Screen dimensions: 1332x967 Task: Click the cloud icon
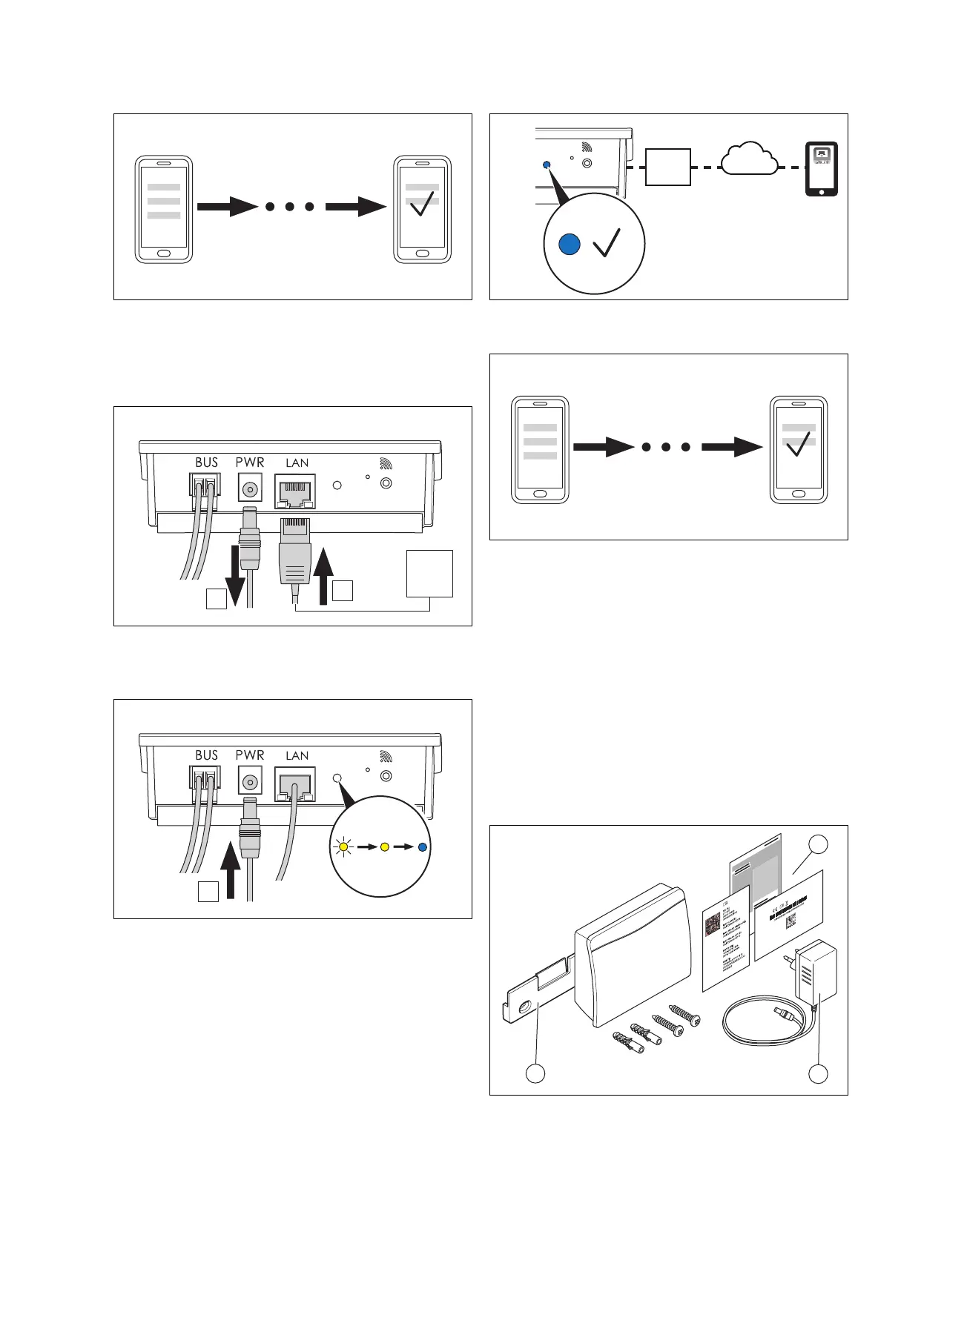pyautogui.click(x=749, y=159)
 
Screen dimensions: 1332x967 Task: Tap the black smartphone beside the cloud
pyautogui.click(x=822, y=169)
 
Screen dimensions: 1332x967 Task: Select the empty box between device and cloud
pyautogui.click(x=667, y=168)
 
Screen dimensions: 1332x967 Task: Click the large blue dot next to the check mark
pyautogui.click(x=569, y=244)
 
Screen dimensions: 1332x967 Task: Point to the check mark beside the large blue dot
pyautogui.click(x=607, y=242)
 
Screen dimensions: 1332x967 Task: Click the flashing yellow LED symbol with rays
pyautogui.click(x=343, y=846)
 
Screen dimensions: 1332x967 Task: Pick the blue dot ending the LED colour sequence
pyautogui.click(x=423, y=846)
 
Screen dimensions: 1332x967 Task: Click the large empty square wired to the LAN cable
pyautogui.click(x=429, y=573)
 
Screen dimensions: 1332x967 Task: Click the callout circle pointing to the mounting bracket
pyautogui.click(x=535, y=1073)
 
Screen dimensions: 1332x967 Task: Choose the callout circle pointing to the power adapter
pyautogui.click(x=818, y=1073)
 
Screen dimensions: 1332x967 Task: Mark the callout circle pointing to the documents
pyautogui.click(x=818, y=845)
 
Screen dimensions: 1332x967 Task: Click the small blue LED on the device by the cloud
pyautogui.click(x=547, y=165)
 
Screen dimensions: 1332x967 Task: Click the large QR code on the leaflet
pyautogui.click(x=713, y=924)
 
